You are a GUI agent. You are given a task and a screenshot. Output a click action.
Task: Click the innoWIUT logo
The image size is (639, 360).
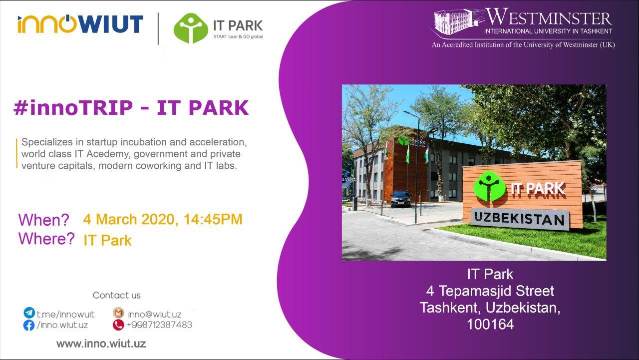pyautogui.click(x=80, y=24)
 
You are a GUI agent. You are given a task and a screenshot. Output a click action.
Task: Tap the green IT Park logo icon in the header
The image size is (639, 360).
pyautogui.click(x=191, y=28)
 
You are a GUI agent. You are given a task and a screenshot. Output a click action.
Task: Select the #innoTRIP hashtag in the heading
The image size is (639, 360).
pyautogui.click(x=73, y=108)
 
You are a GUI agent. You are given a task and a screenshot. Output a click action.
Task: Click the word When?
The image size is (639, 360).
pyautogui.click(x=43, y=220)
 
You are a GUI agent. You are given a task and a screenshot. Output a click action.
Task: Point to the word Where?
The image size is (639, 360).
pyautogui.click(x=46, y=239)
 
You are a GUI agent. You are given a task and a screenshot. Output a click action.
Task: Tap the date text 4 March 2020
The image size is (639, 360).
pyautogui.click(x=130, y=219)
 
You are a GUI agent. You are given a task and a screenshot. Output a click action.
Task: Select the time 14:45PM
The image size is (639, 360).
pyautogui.click(x=213, y=219)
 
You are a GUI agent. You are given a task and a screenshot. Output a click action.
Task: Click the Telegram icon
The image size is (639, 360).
pyautogui.click(x=29, y=313)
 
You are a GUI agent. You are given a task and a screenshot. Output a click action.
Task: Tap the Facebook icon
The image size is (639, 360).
pyautogui.click(x=29, y=325)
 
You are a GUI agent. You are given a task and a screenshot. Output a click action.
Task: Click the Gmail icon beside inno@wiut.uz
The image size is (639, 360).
pyautogui.click(x=118, y=313)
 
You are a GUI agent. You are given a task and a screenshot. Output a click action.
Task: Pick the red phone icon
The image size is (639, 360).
pyautogui.click(x=118, y=325)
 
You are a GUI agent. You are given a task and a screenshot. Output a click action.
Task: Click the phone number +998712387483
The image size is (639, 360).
pyautogui.click(x=159, y=325)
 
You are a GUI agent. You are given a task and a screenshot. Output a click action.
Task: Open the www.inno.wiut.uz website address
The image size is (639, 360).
pyautogui.click(x=101, y=344)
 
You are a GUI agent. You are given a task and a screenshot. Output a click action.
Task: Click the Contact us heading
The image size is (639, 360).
pyautogui.click(x=117, y=295)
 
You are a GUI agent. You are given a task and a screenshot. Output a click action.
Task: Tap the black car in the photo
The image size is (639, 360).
pyautogui.click(x=401, y=199)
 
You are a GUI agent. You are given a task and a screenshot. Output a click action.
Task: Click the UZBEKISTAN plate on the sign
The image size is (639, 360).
pyautogui.click(x=519, y=219)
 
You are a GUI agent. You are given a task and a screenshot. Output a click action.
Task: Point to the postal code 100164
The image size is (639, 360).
pyautogui.click(x=490, y=325)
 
